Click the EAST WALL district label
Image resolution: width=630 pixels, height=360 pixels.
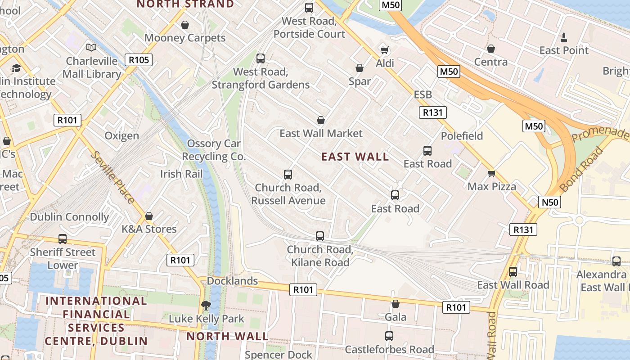pos(355,157)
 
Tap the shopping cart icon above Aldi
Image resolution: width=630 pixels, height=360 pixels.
pos(384,49)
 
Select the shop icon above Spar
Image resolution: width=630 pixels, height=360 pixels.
pos(359,68)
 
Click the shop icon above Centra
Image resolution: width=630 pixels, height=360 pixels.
pos(491,48)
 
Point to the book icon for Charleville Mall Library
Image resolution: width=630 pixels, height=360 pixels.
pos(91,47)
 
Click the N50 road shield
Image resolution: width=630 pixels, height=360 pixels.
pos(549,202)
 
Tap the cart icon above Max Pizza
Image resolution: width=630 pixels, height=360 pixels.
pos(491,173)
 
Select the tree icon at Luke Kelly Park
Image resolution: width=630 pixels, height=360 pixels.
pos(206,306)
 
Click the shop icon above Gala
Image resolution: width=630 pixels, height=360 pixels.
pos(395,304)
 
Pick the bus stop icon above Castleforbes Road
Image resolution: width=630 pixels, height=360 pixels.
pos(389,336)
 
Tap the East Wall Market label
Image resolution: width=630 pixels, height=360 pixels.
pos(321,133)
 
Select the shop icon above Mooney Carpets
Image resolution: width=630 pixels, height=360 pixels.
pos(184,25)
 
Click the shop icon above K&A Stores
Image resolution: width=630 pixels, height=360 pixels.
pos(149,216)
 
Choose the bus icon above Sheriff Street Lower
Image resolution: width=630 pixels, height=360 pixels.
pos(63,238)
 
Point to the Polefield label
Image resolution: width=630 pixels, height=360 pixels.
pos(462,136)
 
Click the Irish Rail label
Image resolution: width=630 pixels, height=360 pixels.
pos(181,174)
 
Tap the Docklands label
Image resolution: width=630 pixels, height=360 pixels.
pos(232,281)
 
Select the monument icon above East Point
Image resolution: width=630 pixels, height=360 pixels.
pos(563,37)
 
